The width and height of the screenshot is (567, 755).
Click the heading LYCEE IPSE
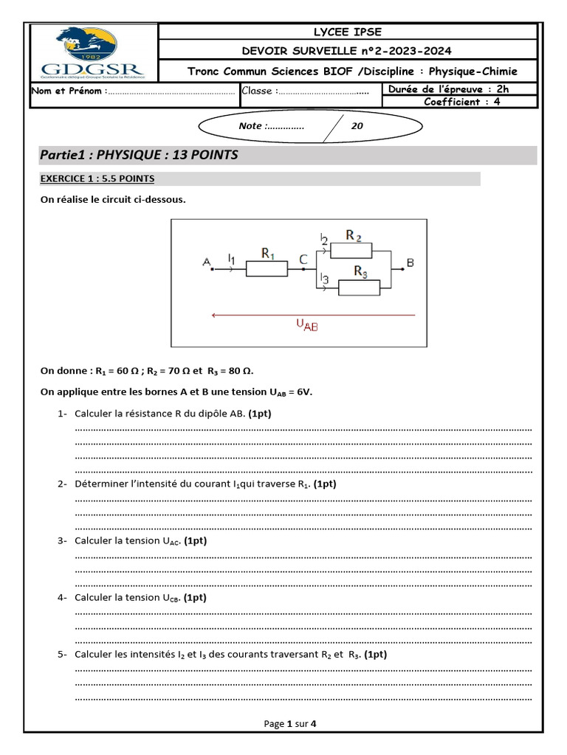347,32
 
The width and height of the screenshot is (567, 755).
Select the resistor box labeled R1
267,269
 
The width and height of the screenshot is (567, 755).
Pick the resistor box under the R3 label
358,288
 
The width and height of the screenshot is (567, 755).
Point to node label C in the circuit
303,259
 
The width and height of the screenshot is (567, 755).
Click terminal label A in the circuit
206,262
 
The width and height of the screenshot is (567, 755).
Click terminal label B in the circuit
410,262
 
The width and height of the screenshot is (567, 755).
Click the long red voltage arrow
313,315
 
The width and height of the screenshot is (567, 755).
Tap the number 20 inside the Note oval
357,126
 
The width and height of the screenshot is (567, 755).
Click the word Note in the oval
250,126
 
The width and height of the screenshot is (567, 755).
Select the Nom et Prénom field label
68,91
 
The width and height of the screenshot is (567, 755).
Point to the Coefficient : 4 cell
461,102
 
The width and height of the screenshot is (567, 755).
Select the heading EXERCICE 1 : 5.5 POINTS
97,179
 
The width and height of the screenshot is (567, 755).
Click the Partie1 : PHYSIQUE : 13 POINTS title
139,155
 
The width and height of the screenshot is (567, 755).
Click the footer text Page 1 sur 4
290,724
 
